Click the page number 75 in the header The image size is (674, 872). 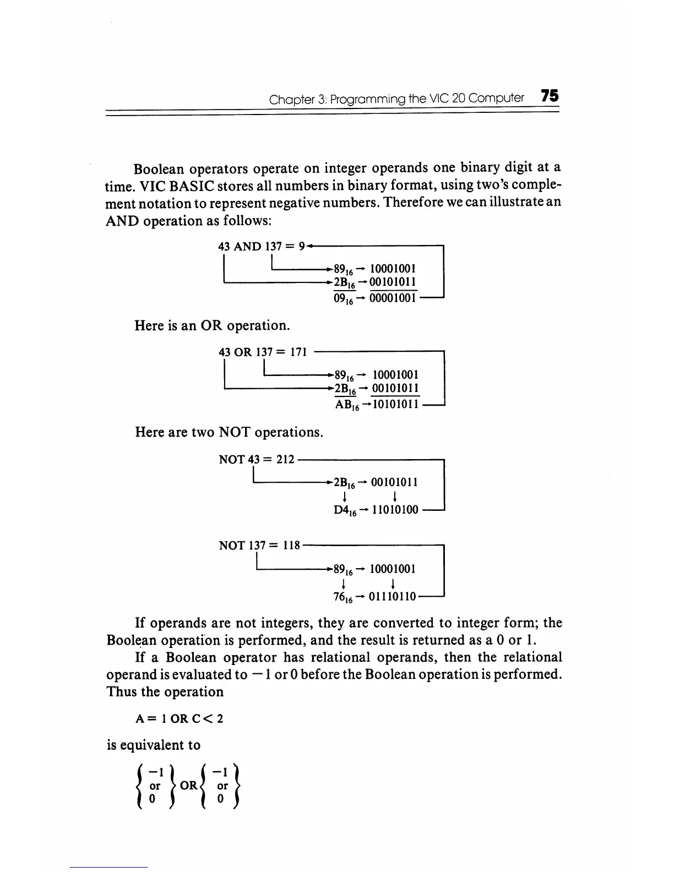point(550,96)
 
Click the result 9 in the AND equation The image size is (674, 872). point(301,246)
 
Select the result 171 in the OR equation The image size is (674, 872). point(297,352)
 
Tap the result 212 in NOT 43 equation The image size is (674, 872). point(286,459)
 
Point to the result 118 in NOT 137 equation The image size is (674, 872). point(291,546)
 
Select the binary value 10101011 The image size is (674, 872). point(392,405)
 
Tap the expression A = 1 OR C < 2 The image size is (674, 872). point(179,719)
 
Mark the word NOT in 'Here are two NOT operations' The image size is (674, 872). point(235,432)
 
